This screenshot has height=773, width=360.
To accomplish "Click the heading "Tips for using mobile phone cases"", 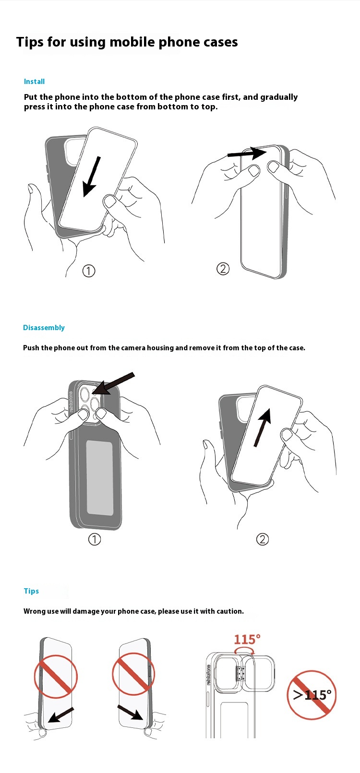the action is pyautogui.click(x=127, y=42).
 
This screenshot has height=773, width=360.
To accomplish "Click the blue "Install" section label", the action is pyautogui.click(x=34, y=82).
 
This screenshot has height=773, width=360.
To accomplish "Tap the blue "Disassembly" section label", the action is pyautogui.click(x=44, y=328).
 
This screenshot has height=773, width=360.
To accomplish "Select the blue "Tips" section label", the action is pyautogui.click(x=31, y=591).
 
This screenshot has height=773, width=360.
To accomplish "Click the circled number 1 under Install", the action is pyautogui.click(x=89, y=271).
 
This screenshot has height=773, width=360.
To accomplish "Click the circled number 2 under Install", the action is pyautogui.click(x=223, y=269).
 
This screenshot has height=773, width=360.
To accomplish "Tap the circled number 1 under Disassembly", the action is pyautogui.click(x=95, y=539).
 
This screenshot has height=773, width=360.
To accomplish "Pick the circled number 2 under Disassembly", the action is pyautogui.click(x=263, y=539).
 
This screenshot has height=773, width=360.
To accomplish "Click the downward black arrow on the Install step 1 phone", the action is pyautogui.click(x=92, y=177).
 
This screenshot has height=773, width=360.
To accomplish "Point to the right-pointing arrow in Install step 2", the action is pyautogui.click(x=247, y=153).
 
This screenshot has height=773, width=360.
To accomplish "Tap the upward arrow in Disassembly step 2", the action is pyautogui.click(x=263, y=427).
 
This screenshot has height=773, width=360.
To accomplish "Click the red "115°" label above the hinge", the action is pyautogui.click(x=247, y=640).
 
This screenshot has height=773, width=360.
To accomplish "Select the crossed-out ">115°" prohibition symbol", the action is pyautogui.click(x=312, y=695).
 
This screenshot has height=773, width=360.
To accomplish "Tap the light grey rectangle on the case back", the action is pyautogui.click(x=100, y=477).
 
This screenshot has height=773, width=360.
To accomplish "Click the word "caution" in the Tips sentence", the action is pyautogui.click(x=230, y=611).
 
